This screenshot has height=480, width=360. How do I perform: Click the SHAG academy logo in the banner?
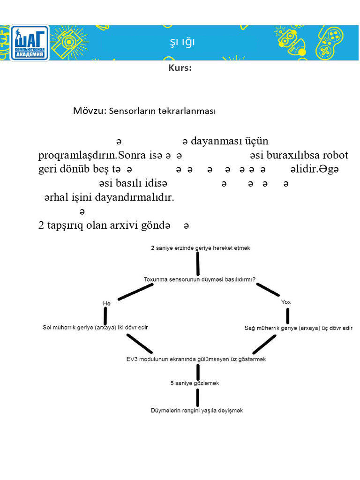pos(29,43)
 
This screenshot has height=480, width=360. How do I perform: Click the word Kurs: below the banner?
pos(180,68)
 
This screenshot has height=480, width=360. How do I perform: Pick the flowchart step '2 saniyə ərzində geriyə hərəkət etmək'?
pos(200,248)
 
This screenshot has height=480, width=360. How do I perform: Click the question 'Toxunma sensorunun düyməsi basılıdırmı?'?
pos(199,279)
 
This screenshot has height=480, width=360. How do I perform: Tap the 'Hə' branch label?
pos(107,304)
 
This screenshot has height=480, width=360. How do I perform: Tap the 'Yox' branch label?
pos(286,302)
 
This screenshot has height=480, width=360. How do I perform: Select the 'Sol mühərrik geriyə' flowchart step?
pos(98,328)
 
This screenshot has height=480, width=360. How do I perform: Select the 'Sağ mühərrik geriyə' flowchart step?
pos(299,328)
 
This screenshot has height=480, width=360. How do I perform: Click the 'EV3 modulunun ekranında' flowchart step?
pos(196,359)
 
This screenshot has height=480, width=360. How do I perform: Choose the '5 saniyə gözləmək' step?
pos(195,383)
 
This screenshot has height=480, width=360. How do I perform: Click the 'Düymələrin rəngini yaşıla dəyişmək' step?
pos(197,410)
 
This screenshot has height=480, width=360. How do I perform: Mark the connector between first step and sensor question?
pos(198,264)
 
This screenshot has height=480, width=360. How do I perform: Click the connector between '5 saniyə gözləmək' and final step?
pos(198,397)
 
